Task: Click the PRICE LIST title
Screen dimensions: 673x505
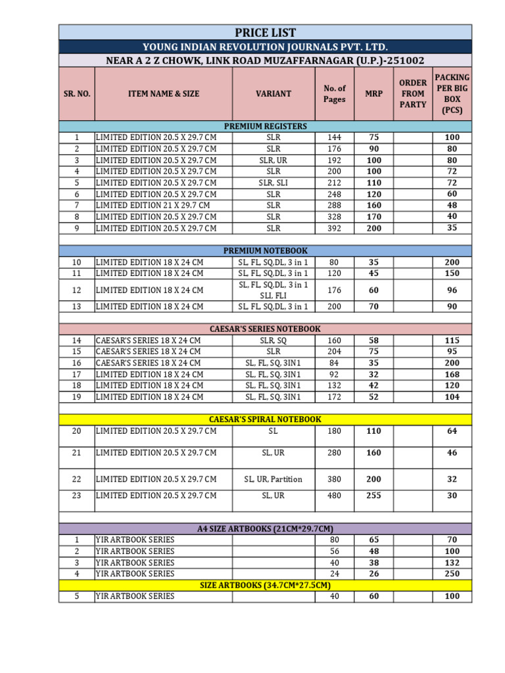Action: pos(265,32)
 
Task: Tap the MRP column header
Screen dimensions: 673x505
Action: pos(373,94)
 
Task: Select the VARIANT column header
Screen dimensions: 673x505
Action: pos(273,94)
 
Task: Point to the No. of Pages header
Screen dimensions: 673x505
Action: pos(334,94)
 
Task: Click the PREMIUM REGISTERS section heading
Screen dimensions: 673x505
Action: pos(265,126)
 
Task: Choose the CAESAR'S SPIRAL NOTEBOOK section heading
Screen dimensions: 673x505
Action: pos(265,419)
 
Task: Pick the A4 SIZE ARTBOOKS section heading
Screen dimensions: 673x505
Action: pos(265,528)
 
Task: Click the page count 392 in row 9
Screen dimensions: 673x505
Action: pos(334,228)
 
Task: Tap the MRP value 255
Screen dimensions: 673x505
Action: pos(373,496)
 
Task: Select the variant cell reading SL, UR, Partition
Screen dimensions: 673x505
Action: pos(273,479)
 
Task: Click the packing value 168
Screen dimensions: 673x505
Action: pos(452,375)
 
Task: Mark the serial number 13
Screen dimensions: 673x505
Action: pos(76,306)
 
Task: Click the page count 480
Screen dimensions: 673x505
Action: pos(334,496)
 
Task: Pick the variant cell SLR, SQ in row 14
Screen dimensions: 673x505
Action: pos(273,341)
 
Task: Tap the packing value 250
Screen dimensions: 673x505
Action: pos(452,574)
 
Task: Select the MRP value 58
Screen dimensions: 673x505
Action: pos(373,341)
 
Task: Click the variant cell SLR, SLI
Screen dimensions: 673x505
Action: pos(273,183)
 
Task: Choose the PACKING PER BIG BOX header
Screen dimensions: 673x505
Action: pos(452,94)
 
